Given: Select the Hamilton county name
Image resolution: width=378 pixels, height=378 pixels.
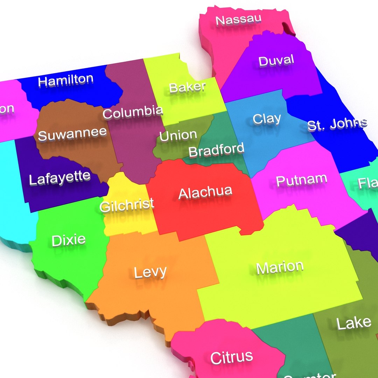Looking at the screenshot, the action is point(66,80).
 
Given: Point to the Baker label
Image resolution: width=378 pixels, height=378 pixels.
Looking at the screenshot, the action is point(187,87).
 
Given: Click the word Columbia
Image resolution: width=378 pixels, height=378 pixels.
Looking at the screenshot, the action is point(133,112).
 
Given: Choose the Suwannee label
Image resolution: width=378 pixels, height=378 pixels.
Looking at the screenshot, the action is point(72,134).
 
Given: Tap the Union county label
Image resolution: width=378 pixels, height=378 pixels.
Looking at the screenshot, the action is point(178,135).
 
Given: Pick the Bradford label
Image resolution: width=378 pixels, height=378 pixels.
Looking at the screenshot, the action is point(216,150).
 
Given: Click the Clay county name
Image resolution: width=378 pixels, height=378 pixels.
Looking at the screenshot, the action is point(267,119).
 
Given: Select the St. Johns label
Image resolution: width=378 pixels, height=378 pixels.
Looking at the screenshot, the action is point(337,124).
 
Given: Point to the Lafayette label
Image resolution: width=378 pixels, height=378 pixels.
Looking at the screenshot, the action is point(59,178).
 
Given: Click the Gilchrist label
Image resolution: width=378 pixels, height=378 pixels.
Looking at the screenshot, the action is point(127,205).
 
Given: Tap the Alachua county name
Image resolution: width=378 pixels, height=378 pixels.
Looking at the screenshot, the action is point(205,192).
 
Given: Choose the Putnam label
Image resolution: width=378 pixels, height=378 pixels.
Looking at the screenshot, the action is point(301,180).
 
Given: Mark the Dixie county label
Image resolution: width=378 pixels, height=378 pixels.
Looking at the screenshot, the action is point(69,240).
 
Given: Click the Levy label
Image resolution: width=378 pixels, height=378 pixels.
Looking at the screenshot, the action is point(150,272).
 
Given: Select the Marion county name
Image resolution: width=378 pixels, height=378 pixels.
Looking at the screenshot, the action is point(280,267).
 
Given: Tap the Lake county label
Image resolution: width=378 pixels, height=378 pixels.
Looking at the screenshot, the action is point(353,323).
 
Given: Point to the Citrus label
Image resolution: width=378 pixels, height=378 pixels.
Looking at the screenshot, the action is point(231,357).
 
